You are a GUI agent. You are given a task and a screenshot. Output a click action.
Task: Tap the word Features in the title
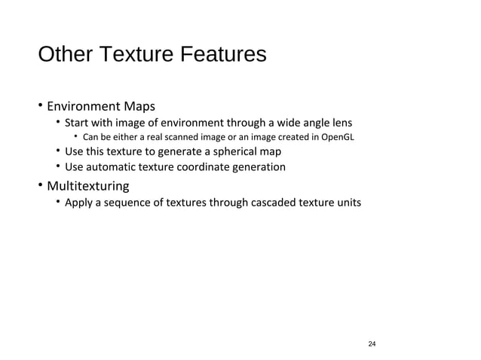[x=223, y=56]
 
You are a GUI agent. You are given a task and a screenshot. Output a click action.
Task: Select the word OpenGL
[x=335, y=137]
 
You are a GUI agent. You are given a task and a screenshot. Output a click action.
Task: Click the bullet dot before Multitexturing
[x=41, y=185]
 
